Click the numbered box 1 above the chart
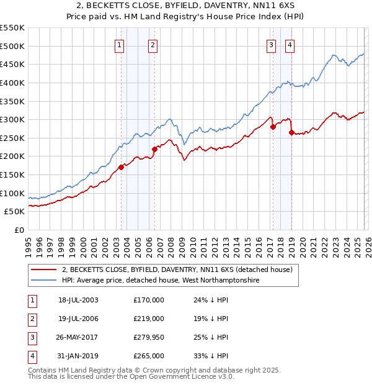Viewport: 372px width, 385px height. click(118, 44)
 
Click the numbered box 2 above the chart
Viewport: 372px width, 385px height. click(152, 44)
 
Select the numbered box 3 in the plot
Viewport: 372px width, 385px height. click(272, 44)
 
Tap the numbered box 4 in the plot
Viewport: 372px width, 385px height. click(290, 44)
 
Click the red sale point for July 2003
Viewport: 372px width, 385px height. click(122, 166)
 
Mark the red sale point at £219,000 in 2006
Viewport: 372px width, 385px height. click(154, 149)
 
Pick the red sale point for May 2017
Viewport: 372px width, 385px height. click(273, 127)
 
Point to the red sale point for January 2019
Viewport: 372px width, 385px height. click(291, 132)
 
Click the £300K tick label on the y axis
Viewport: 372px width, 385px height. click(12, 119)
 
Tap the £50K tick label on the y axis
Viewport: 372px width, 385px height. click(15, 212)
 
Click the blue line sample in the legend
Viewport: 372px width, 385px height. click(44, 281)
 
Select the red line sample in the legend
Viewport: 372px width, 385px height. click(44, 269)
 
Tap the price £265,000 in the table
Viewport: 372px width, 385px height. click(148, 356)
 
